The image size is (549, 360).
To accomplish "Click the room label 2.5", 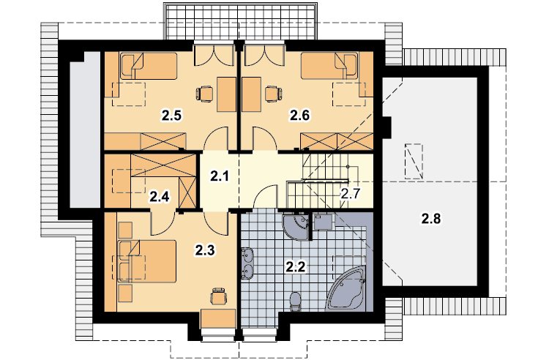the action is [171, 115].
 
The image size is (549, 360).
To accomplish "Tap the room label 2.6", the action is [299, 115].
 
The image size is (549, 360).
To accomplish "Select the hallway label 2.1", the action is [220, 176].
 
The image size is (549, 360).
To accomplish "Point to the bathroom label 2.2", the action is [296, 267].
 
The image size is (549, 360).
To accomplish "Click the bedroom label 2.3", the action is [205, 250].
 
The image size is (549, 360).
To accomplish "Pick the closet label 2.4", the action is [160, 197].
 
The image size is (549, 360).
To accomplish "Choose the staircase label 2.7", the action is [351, 193].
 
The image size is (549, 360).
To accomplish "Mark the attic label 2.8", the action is [431, 219].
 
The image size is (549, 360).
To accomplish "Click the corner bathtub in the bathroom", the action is [346, 289].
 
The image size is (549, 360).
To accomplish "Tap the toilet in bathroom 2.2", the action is [296, 301].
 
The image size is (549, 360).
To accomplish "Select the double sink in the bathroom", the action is [247, 264].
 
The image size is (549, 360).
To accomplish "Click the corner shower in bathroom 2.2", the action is [296, 227].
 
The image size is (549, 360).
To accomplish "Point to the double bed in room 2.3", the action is [147, 261].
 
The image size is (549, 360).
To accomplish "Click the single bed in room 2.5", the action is [149, 66].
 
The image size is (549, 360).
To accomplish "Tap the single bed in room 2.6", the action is [329, 66].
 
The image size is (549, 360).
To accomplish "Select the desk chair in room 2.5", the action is [204, 94].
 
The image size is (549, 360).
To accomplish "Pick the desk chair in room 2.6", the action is [274, 94].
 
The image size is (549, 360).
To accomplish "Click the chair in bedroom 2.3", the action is [218, 296].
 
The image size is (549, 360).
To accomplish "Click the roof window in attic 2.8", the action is [414, 161].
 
